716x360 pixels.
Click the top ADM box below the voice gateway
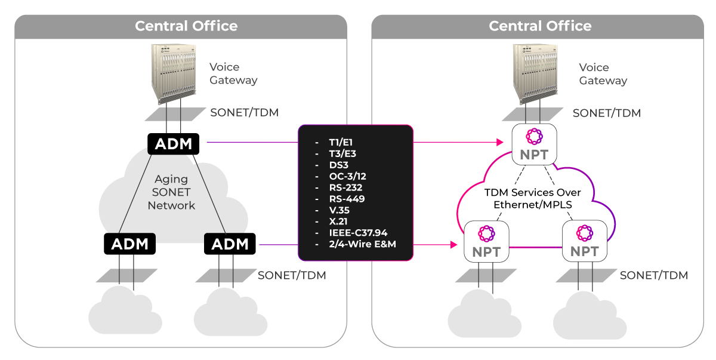pos(174,144)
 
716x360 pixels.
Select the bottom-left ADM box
pos(129,244)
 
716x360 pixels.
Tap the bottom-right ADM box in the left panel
pos(230,244)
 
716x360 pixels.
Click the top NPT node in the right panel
pos(534,143)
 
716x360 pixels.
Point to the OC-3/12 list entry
pos(347,177)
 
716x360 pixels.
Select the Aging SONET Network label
pos(171,192)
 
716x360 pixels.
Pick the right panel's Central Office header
pos(540,26)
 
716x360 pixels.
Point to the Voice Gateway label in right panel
pos(603,74)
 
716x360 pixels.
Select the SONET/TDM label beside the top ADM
pos(244,112)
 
